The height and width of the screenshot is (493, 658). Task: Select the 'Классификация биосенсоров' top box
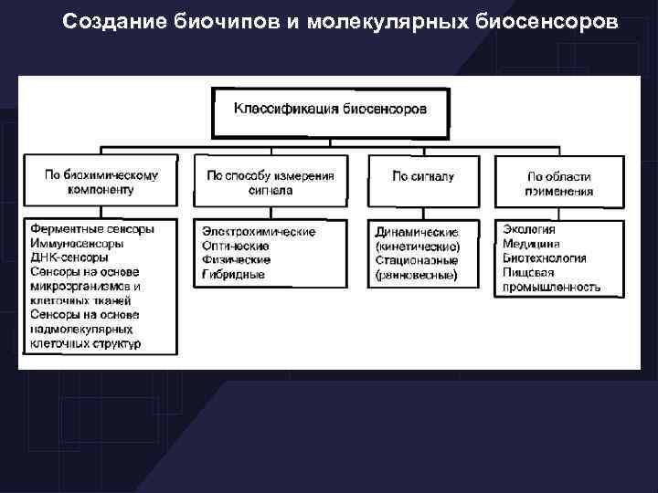(330, 111)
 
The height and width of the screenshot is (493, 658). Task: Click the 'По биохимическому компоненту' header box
(101, 183)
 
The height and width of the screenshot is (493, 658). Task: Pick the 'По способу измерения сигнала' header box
(270, 183)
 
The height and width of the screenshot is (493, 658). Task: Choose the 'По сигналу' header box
(422, 176)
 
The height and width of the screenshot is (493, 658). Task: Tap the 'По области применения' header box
(558, 184)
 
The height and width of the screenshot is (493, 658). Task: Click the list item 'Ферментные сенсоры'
(91, 229)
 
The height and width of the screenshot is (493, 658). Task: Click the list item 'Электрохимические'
(259, 232)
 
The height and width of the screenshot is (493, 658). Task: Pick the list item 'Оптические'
(237, 246)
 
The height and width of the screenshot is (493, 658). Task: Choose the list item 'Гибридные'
(234, 274)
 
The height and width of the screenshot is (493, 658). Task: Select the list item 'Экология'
(528, 230)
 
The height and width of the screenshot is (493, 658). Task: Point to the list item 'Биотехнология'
(545, 258)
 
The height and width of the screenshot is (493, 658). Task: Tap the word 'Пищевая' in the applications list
(528, 273)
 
